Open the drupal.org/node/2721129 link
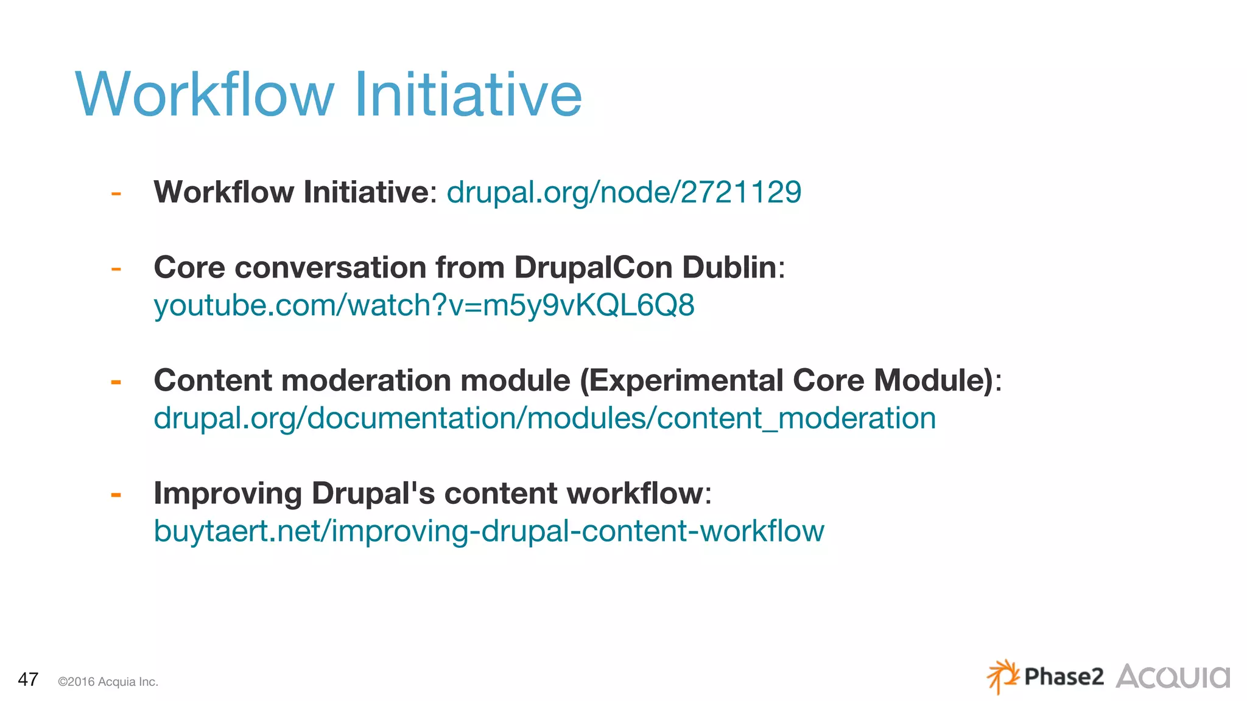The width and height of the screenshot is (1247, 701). [623, 192]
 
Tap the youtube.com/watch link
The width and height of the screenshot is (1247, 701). [424, 305]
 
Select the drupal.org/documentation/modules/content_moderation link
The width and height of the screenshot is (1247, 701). [544, 418]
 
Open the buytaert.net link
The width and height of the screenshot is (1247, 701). [488, 531]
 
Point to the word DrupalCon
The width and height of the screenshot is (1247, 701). [593, 267]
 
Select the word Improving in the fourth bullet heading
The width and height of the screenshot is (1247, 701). [227, 493]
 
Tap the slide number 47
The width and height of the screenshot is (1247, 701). [28, 679]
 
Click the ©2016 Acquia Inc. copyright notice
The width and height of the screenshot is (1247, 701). [108, 682]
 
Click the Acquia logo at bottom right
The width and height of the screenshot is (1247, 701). [1172, 677]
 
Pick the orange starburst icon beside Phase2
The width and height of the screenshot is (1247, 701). [1002, 675]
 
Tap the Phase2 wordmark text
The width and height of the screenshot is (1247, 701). [1063, 677]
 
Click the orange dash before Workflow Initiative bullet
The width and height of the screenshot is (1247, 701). [116, 194]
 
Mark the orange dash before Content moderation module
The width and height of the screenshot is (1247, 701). [116, 382]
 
